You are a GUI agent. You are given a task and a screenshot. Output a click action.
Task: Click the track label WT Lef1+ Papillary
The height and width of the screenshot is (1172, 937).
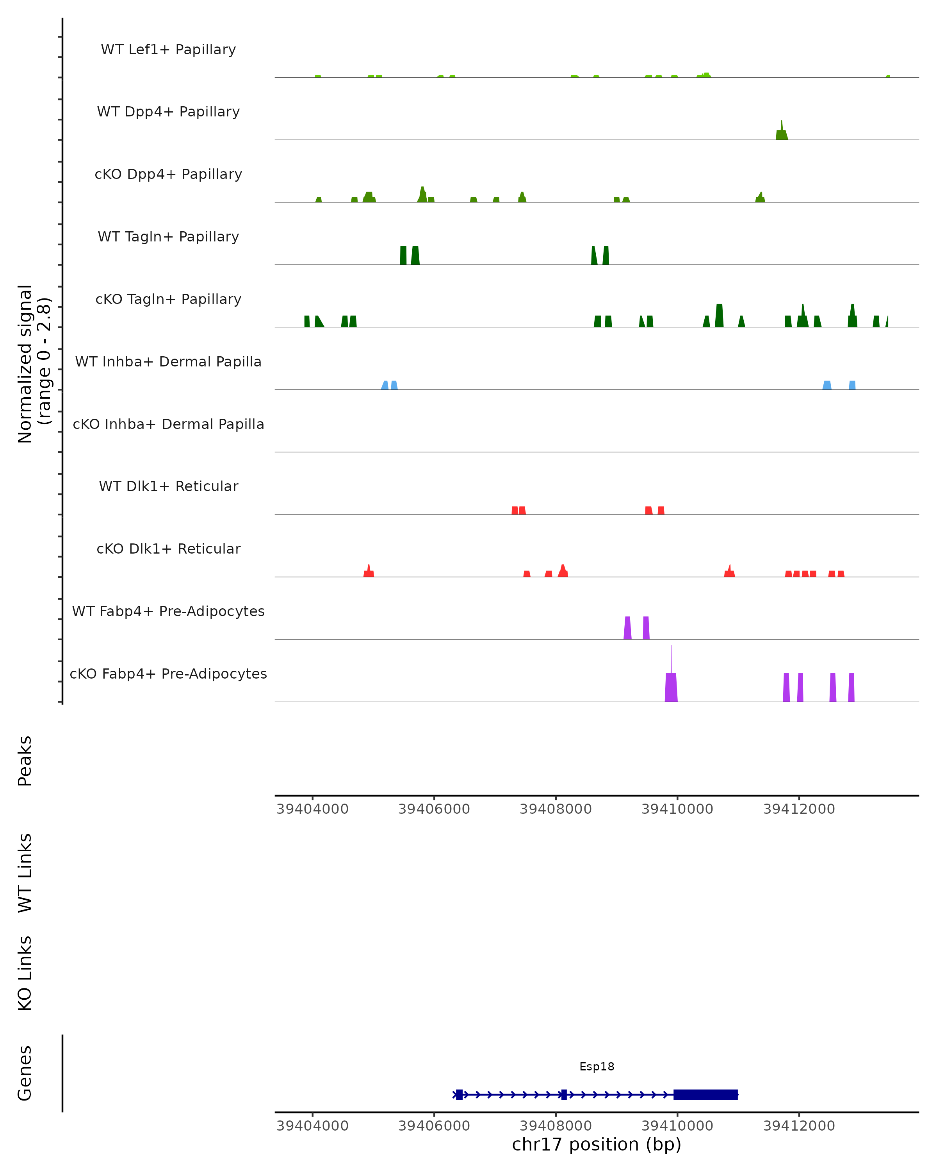168,50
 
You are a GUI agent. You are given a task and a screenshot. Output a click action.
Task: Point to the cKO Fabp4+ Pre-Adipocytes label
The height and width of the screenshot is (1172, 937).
168,674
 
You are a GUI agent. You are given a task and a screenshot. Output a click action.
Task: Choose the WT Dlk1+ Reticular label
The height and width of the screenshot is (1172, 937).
168,486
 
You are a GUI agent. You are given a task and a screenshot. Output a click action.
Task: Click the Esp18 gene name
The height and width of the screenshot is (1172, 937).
597,1067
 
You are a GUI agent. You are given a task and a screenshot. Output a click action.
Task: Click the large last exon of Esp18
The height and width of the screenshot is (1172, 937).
705,1094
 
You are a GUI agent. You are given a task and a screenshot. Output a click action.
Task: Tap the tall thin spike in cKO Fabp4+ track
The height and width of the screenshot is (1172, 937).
671,661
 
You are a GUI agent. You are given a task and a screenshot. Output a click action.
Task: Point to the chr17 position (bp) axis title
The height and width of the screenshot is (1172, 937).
597,1144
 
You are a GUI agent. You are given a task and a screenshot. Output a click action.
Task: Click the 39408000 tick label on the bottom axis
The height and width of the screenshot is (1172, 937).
556,1126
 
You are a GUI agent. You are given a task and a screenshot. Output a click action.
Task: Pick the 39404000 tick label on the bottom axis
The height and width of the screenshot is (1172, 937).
312,1126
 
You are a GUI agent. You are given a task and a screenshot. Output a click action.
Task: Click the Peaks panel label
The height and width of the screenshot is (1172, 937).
25,761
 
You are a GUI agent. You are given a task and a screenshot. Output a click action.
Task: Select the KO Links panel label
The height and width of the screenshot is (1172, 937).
25,973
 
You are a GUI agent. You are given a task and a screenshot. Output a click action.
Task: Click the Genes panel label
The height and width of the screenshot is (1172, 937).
25,1073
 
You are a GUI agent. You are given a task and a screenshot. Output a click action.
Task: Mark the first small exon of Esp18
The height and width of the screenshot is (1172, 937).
459,1094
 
